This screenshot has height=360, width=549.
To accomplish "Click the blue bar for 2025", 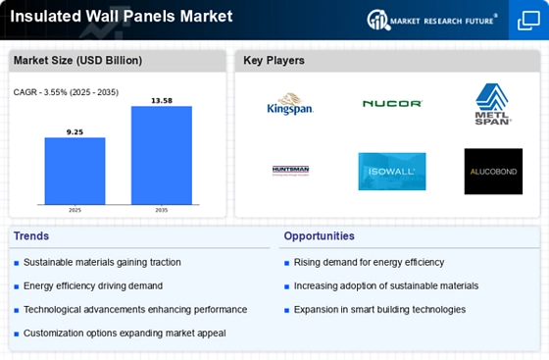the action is coord(75,171).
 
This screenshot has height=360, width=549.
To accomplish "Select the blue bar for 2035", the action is coord(162,155).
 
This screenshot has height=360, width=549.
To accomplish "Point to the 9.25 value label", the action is coord(75,132).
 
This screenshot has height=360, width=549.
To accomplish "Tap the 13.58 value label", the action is coord(162,101).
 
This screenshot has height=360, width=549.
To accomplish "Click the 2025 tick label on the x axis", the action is coord(75,210).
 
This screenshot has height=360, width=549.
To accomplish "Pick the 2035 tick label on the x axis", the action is coord(162,210).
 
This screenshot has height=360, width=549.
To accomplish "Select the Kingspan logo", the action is coord(290,104).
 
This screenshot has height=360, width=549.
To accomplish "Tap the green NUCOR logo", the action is coord(392,103).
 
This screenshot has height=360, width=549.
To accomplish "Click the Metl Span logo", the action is coord(493,104).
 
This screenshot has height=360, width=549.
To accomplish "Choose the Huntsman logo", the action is coord(290,171).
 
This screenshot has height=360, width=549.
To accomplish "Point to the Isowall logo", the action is coord(392,172).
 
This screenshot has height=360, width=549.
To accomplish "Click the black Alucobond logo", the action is coord(493,172).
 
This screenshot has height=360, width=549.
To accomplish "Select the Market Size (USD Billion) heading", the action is coord(77,60).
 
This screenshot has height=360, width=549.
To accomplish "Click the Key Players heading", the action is coord(274,60).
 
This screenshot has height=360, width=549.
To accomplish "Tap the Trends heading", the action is coord(31,236).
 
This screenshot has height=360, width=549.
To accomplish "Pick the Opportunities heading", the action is coord(319,236).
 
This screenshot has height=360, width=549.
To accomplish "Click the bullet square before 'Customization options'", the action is coord(16,334).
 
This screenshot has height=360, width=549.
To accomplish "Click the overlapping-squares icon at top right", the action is coord(528,21).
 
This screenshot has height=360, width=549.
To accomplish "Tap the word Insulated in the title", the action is coord(45,16).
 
